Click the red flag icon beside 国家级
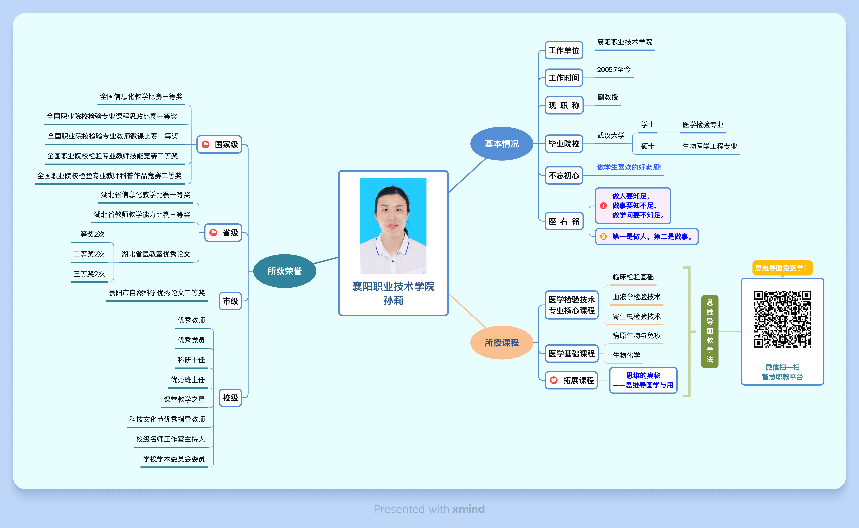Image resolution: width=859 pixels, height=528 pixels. [x=206, y=144]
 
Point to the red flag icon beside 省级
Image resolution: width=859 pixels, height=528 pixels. [x=213, y=233]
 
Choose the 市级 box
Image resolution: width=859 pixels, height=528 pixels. [x=230, y=301]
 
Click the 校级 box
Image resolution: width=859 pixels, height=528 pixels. [x=230, y=398]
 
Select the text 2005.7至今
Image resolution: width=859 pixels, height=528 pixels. [x=613, y=69]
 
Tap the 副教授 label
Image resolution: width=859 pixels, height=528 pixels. [x=608, y=97]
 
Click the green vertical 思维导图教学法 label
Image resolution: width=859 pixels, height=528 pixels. [x=710, y=331]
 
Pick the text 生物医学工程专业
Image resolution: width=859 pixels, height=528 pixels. [x=710, y=146]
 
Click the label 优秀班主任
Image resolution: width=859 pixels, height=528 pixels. [x=188, y=380]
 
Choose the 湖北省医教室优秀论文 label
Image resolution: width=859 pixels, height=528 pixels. [x=156, y=254]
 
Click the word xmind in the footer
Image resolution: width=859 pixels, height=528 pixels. [x=468, y=509]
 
